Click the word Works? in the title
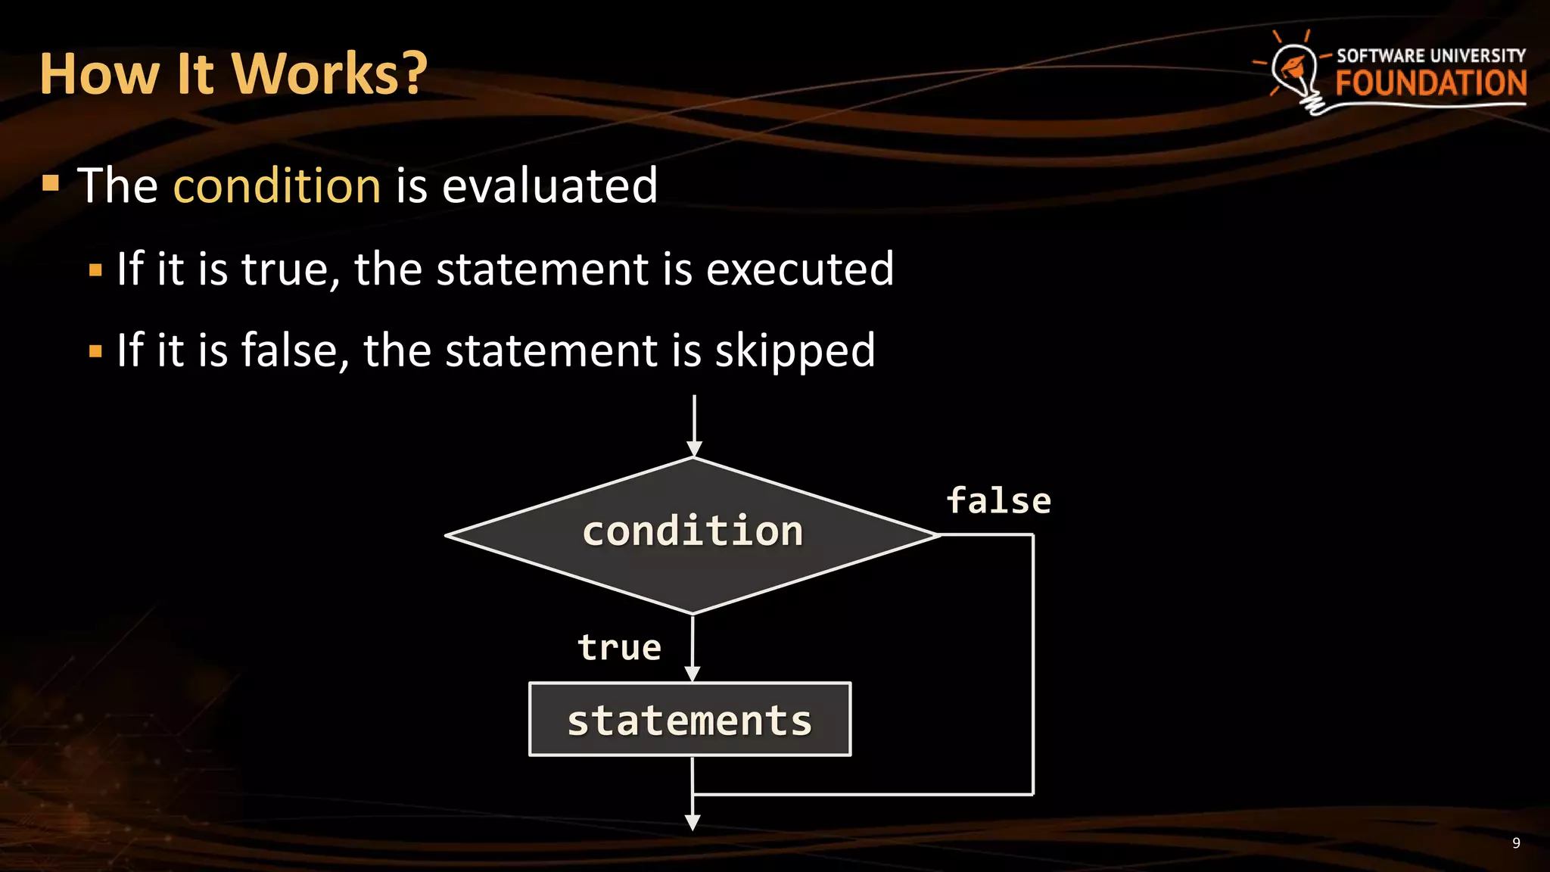click(x=329, y=74)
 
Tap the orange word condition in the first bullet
click(x=277, y=185)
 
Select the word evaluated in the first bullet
click(x=549, y=185)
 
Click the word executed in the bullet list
click(x=799, y=269)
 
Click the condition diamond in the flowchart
click(x=692, y=534)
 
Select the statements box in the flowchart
click(x=689, y=719)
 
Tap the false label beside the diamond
click(x=998, y=501)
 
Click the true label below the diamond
click(x=619, y=648)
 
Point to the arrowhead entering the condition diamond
click(x=693, y=449)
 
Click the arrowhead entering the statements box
click(x=692, y=674)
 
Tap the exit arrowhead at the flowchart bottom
click(x=692, y=823)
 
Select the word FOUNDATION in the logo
click(x=1430, y=83)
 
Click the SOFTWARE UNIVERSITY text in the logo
click(x=1430, y=56)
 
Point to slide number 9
click(x=1516, y=843)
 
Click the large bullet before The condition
click(x=51, y=183)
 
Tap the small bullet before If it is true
click(x=95, y=270)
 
